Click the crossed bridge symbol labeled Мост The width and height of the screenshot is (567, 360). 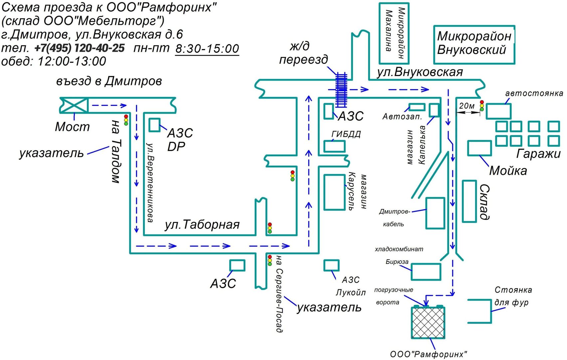(x=74, y=105)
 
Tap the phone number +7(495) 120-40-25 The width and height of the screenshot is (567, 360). (x=80, y=48)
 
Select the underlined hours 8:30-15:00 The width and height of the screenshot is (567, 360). (x=207, y=49)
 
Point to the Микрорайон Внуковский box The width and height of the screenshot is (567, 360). (x=474, y=45)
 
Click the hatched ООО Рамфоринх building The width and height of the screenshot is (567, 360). (x=428, y=323)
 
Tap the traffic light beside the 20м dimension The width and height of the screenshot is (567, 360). (x=482, y=106)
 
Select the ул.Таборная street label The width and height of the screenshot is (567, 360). (x=202, y=225)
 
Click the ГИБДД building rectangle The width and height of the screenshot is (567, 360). (x=334, y=147)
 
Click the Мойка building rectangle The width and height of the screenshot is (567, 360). (x=479, y=148)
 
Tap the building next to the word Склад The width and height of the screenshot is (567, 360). (x=470, y=201)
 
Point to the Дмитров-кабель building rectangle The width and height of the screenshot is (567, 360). (x=435, y=213)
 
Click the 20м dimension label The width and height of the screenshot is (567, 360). (x=467, y=106)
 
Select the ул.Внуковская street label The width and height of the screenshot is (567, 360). (x=420, y=72)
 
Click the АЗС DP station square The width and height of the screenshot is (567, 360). (x=154, y=125)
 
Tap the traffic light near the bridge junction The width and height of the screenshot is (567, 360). (x=126, y=120)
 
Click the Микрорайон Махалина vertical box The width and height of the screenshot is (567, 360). (x=394, y=33)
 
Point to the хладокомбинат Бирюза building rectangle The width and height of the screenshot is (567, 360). (x=426, y=272)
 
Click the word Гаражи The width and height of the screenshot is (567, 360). (x=538, y=154)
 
